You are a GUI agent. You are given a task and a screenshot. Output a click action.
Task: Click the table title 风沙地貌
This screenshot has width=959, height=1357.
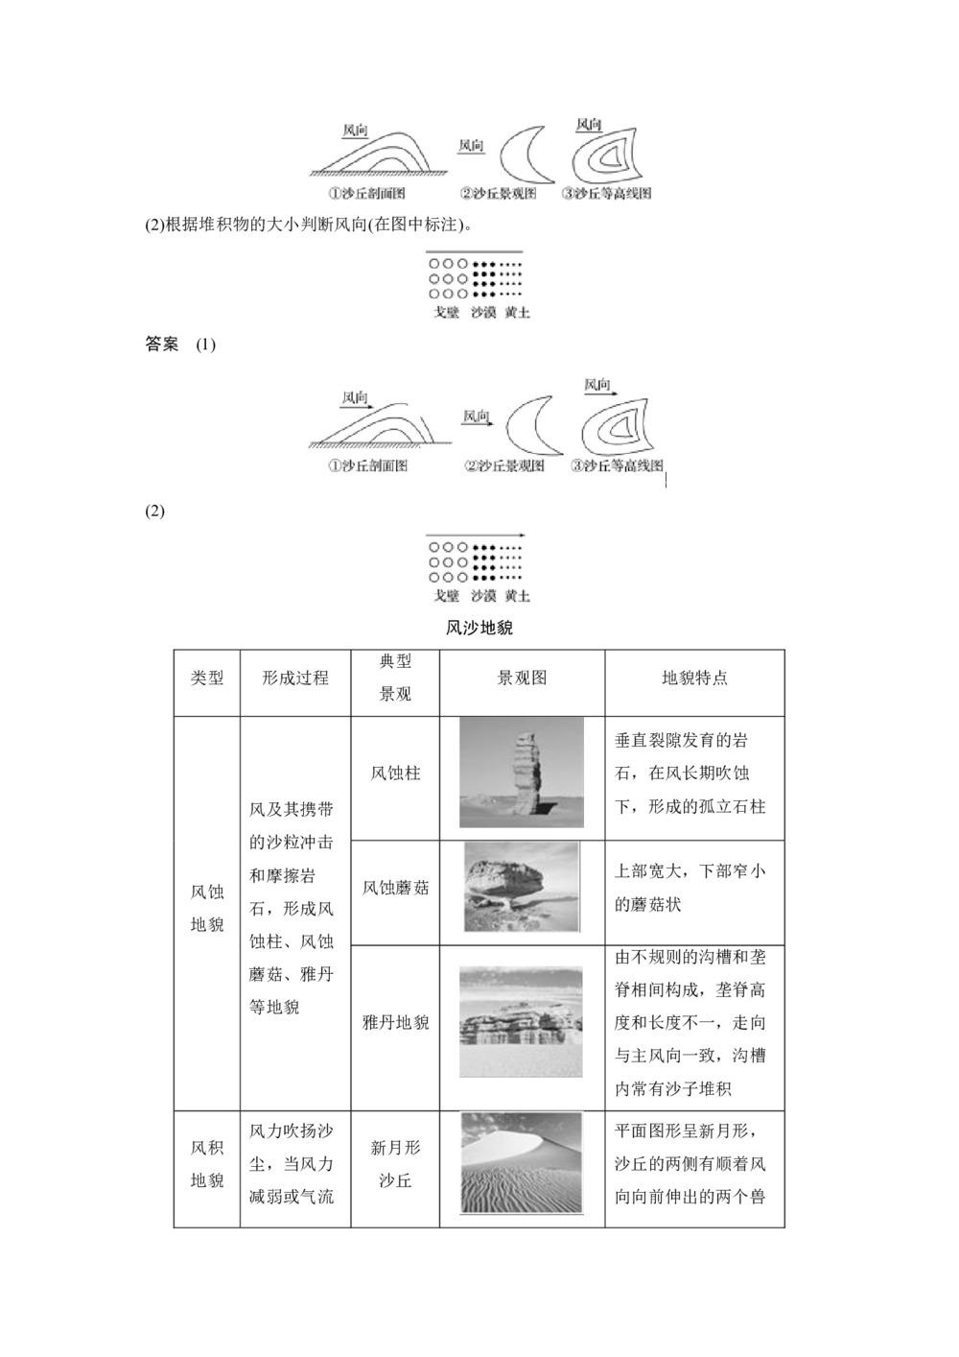479,629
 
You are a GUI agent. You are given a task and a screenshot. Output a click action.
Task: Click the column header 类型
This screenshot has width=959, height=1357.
207,678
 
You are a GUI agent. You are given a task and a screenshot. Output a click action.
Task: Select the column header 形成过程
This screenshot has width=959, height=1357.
295,678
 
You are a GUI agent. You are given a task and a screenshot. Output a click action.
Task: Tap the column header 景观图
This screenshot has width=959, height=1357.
522,678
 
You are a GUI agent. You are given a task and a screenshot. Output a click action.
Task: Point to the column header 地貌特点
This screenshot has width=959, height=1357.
694,678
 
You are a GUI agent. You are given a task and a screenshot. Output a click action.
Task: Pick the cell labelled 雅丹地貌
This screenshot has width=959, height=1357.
395,1023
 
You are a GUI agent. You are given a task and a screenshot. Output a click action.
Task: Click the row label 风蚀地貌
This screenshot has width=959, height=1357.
207,908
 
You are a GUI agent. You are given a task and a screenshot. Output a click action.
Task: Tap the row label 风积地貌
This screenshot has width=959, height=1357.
207,1164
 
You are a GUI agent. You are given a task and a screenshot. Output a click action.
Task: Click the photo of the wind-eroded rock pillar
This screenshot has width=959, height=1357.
522,773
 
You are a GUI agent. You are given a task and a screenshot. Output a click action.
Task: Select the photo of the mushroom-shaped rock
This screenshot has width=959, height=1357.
522,887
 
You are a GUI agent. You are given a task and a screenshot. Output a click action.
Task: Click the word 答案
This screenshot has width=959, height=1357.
162,345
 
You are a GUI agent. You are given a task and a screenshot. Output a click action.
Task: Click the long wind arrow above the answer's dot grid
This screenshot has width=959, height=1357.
475,536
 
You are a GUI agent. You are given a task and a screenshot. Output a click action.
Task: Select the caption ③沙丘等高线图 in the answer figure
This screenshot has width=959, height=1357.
617,466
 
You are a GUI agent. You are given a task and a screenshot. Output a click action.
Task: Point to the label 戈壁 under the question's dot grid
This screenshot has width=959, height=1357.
447,313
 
